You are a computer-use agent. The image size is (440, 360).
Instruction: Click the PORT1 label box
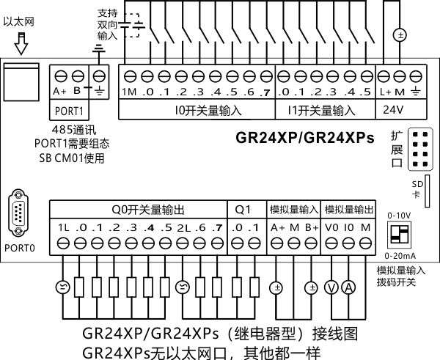[x=70, y=111]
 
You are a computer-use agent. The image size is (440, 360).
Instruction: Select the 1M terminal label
[x=129, y=92]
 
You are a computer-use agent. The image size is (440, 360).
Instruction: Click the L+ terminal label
[x=385, y=92]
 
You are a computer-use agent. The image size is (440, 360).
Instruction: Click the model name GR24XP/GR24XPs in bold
[x=305, y=137]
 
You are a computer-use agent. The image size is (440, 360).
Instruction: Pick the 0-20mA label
[x=402, y=255]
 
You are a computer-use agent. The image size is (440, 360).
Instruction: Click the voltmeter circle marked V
[x=332, y=287]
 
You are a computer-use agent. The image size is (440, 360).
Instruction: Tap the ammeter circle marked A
[x=350, y=287]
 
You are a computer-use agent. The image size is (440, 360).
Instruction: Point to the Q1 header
[x=244, y=209]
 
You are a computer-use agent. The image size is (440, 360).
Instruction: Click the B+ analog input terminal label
[x=312, y=227]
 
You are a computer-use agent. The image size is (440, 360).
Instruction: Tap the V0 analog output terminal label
[x=332, y=227]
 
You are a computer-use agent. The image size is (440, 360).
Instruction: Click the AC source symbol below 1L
[x=62, y=287]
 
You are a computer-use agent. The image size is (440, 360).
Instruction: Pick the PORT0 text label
[x=22, y=248]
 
